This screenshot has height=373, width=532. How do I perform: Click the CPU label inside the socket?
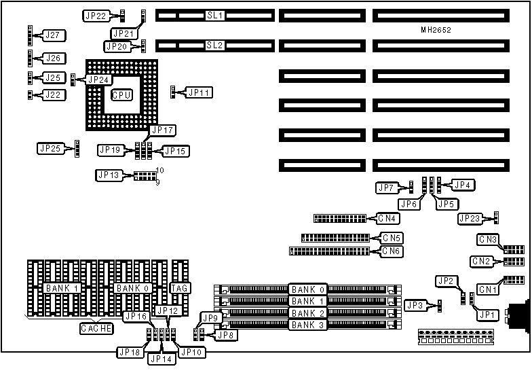click(x=121, y=95)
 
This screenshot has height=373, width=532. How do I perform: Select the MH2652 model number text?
click(x=436, y=30)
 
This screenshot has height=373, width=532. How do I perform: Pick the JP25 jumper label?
click(x=51, y=147)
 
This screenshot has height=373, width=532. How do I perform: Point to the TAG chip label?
click(x=179, y=288)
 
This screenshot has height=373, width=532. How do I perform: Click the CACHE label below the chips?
click(x=97, y=328)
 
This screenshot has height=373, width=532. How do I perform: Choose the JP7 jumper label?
click(x=386, y=187)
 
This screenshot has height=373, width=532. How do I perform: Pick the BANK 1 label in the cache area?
click(x=62, y=288)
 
